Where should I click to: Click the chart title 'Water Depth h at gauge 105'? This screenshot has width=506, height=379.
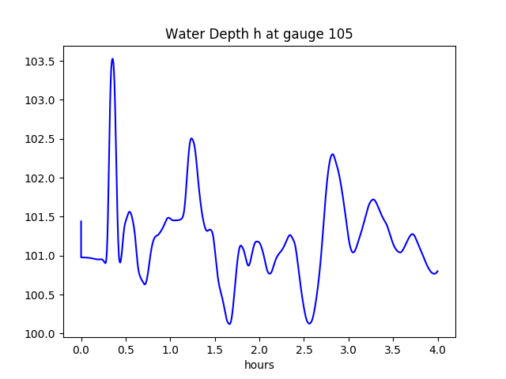click(x=259, y=34)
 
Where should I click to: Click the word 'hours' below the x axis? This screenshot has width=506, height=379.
click(x=259, y=366)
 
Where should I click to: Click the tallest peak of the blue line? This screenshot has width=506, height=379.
click(x=112, y=58)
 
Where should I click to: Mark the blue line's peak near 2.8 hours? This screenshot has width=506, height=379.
click(x=333, y=154)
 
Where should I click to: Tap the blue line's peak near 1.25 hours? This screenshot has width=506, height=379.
click(x=191, y=138)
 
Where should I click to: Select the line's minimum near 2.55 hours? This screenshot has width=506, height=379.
click(x=310, y=323)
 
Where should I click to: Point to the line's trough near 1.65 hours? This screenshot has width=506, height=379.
click(x=229, y=323)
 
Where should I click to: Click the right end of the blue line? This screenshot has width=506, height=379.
click(x=437, y=271)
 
